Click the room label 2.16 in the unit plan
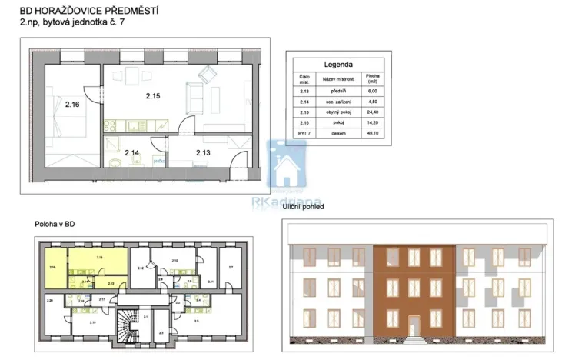(73, 104)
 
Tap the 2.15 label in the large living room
(153, 96)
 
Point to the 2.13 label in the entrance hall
(203, 152)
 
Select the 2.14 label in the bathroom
(131, 152)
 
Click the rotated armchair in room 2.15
(208, 75)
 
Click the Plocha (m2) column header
(372, 78)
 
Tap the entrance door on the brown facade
(415, 326)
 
